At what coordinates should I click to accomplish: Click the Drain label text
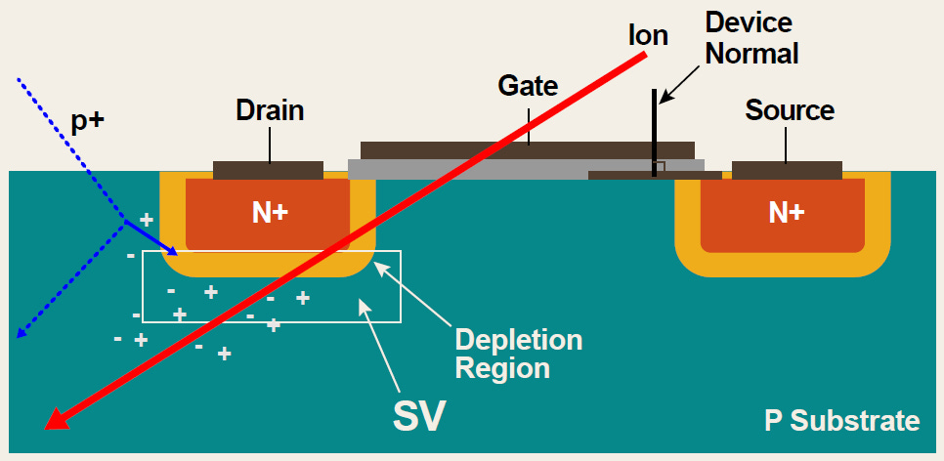270,110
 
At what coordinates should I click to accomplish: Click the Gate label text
528,86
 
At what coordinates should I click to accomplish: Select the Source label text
790,110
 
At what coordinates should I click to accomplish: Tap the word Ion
648,36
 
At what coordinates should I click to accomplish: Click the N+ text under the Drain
270,212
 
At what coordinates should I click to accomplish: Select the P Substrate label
841,421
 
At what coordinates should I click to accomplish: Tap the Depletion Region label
518,355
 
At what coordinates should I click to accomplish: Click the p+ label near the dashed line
87,120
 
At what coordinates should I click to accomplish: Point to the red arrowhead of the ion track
58,420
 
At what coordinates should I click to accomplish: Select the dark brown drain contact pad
268,170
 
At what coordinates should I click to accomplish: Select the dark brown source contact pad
787,170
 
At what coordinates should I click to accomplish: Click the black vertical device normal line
655,137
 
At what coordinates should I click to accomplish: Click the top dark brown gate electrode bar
528,150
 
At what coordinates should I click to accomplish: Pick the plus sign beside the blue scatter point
147,220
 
